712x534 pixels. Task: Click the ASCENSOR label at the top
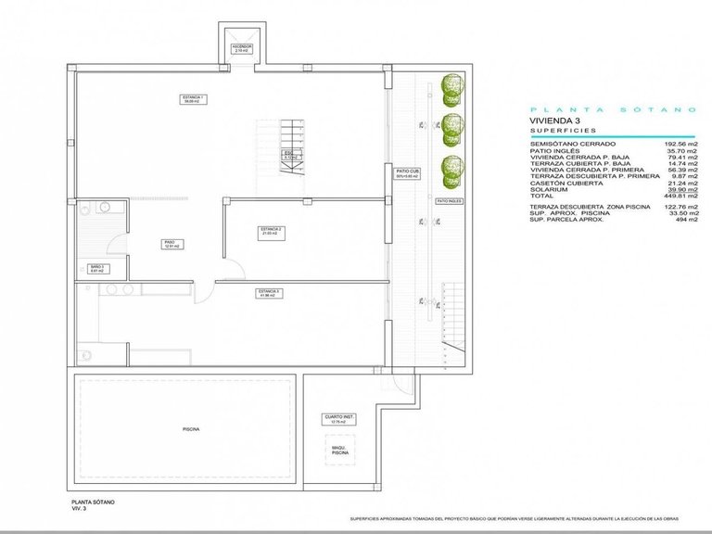tap(242, 47)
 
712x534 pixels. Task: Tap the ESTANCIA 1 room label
tap(193, 99)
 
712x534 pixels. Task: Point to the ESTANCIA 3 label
tap(270, 293)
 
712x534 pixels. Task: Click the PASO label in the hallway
tap(171, 245)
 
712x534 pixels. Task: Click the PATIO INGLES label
tap(450, 200)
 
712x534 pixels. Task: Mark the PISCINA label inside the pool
tap(191, 429)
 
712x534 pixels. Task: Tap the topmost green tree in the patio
tap(451, 87)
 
